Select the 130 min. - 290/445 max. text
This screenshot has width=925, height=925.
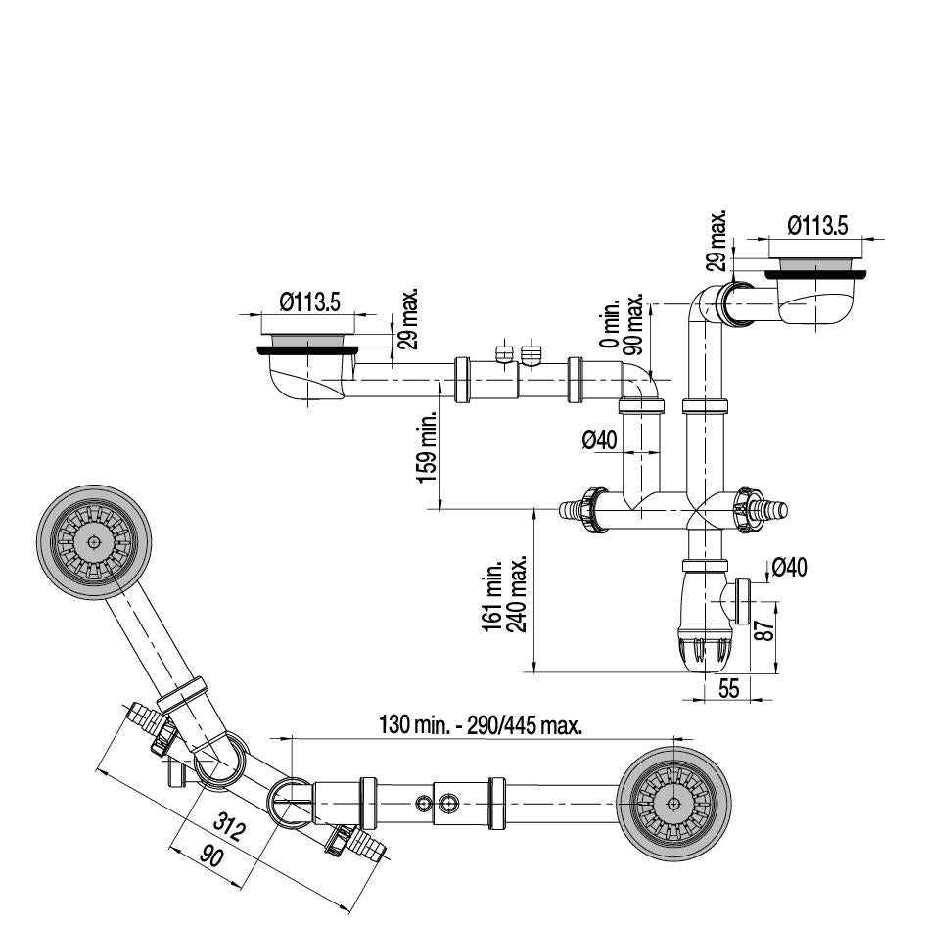(x=481, y=725)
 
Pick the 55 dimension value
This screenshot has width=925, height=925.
(x=728, y=688)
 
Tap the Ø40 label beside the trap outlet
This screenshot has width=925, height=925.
(x=789, y=567)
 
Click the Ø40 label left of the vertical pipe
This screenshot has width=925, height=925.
(x=599, y=440)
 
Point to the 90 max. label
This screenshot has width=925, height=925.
(x=634, y=323)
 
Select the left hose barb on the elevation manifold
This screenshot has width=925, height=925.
(x=572, y=510)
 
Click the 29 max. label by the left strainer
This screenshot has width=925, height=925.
(x=410, y=318)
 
